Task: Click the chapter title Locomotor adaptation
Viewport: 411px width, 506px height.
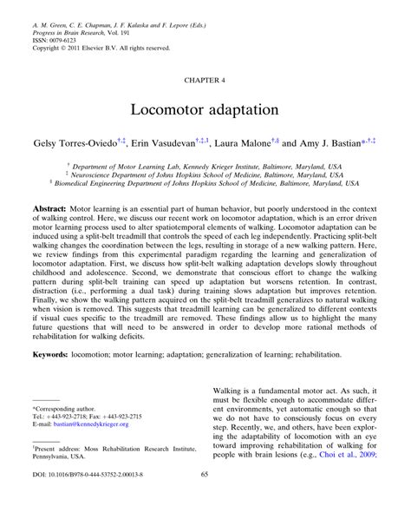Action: point(205,112)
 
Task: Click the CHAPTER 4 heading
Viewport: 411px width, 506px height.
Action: point(205,78)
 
